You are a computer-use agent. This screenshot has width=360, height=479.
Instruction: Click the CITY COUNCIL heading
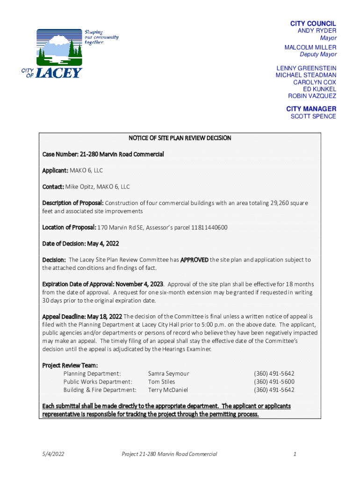[x=313, y=23]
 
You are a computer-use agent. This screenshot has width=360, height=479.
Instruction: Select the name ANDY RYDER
[x=317, y=31]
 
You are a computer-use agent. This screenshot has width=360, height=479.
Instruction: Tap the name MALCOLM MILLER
[x=310, y=47]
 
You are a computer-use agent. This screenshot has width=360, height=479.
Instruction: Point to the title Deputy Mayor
[x=318, y=54]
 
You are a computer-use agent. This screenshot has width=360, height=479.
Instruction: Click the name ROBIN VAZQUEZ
[x=312, y=96]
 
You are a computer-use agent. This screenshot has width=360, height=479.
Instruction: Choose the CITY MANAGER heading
[x=311, y=109]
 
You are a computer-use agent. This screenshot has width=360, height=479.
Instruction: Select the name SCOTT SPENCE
[x=313, y=116]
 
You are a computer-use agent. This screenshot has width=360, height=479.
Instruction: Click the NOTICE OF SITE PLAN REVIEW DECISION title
[x=180, y=138]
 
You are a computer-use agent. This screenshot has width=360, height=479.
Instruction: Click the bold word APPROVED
[x=194, y=260]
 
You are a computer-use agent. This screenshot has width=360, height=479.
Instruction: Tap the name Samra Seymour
[x=169, y=373]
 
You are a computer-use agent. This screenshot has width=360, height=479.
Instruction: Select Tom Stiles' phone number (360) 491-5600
[x=274, y=382]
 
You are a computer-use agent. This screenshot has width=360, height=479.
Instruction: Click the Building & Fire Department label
[x=100, y=390]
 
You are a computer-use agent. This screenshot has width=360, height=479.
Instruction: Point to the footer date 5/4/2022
[x=53, y=454]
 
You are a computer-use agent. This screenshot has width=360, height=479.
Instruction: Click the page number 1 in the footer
[x=295, y=454]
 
